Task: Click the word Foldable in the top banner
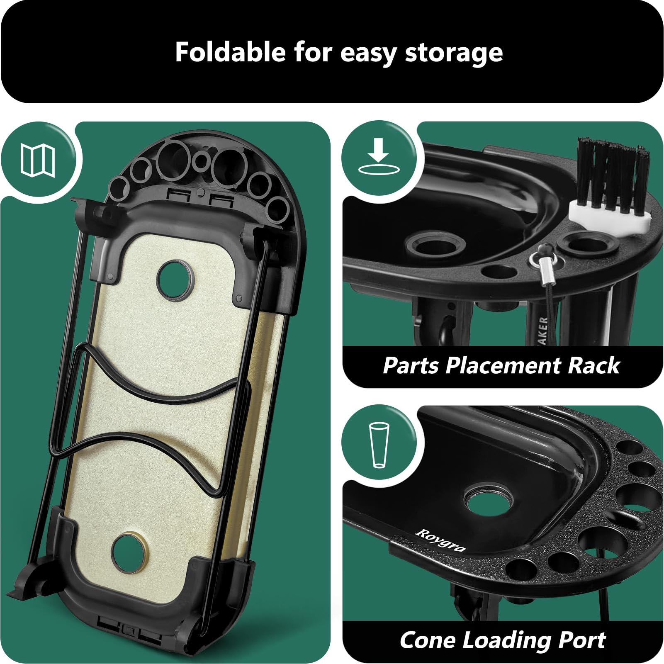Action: pyautogui.click(x=230, y=52)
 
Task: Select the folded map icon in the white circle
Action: pyautogui.click(x=38, y=161)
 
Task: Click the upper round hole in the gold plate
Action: pyautogui.click(x=176, y=279)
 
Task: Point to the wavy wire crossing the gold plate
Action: pyautogui.click(x=158, y=398)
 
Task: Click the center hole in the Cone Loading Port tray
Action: pyautogui.click(x=489, y=501)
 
